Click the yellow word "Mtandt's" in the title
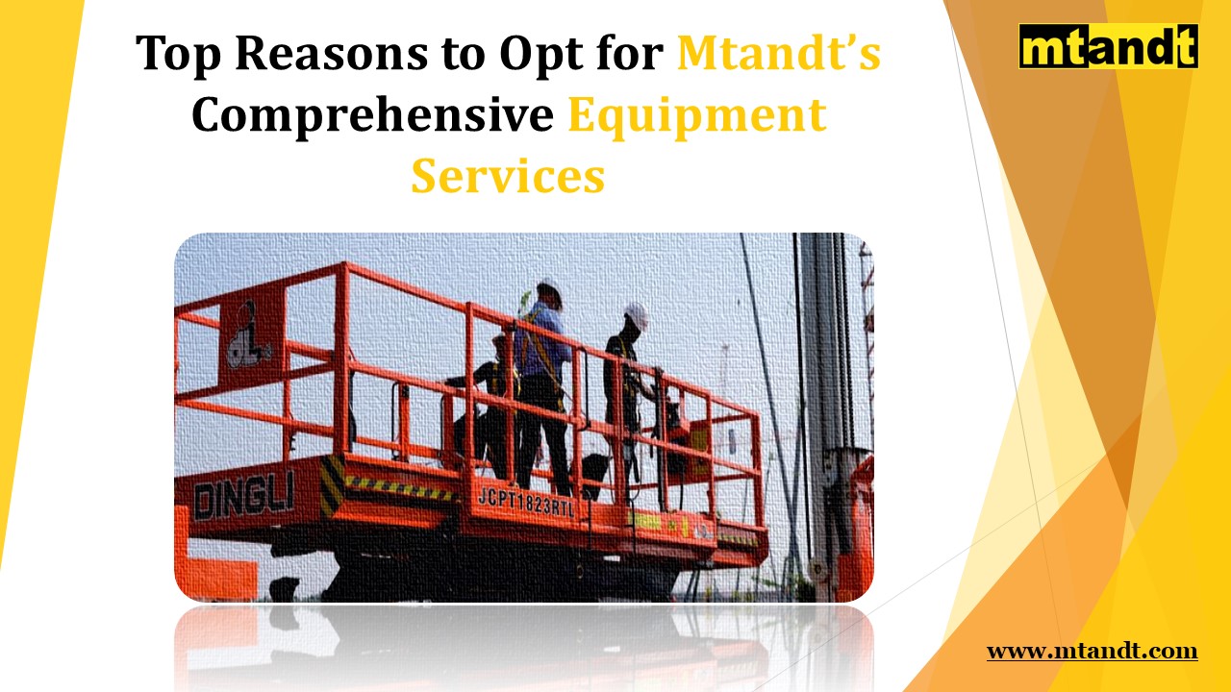point(778,54)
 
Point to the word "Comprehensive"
point(372,115)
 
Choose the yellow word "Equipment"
point(696,115)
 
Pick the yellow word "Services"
point(508,176)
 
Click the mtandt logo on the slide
point(1108,47)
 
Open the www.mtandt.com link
point(1092,652)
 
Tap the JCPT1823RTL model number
point(525,502)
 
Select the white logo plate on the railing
point(249,336)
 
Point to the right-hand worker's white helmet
point(636,314)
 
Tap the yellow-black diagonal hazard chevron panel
point(333,485)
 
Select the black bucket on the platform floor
point(593,477)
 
